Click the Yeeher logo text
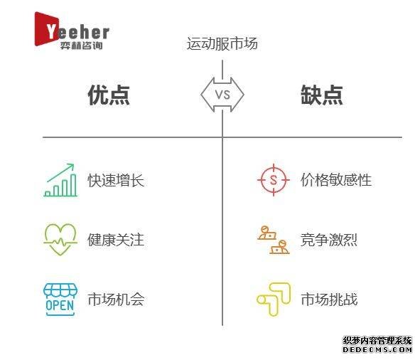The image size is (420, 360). pos(77,32)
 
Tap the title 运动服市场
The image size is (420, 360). pos(222,43)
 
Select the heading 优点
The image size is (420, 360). pos(109,95)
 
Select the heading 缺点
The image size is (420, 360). pos(322,95)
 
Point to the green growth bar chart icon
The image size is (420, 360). pos(60,180)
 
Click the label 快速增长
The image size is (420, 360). pos(116,180)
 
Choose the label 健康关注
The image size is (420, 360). pos(116,240)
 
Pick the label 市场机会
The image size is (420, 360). pos(116,300)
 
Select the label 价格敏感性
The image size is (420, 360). pos(336,180)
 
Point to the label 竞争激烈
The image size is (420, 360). pos(329,240)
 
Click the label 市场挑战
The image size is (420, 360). pos(329,300)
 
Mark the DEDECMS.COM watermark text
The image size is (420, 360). pos(377,349)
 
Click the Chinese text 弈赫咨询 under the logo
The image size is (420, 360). pos(81,46)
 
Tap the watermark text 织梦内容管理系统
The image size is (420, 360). pos(377,341)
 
